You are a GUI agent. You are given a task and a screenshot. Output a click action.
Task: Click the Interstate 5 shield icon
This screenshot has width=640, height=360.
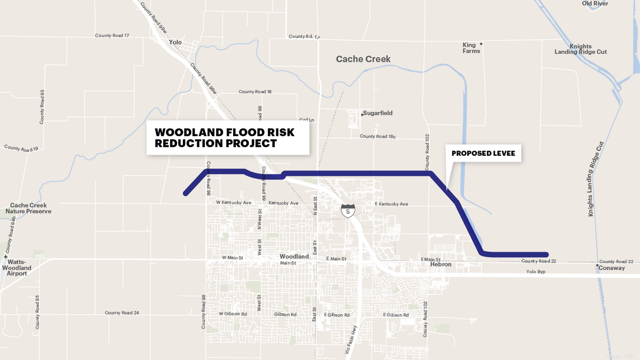348,210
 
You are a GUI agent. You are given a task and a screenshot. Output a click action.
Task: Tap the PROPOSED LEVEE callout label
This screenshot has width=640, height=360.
485,154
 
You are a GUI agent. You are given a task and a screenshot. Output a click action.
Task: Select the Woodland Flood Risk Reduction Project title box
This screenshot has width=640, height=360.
228,138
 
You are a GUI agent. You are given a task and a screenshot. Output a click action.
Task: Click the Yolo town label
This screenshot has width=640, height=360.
175,42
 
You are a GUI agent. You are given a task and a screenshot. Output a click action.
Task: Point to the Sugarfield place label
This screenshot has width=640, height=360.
378,113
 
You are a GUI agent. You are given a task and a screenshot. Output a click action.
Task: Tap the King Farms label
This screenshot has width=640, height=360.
471,48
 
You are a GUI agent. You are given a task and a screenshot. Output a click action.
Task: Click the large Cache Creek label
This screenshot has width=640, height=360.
363,59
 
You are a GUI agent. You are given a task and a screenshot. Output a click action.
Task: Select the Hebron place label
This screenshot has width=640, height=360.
441,265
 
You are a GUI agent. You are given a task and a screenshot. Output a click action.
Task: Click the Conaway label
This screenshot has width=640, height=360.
612,268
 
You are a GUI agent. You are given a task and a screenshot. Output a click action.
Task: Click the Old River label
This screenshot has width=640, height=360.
595,3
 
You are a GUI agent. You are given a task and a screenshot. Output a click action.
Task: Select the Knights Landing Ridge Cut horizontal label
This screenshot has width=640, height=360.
580,49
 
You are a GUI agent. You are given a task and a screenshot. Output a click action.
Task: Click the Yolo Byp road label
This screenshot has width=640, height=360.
537,271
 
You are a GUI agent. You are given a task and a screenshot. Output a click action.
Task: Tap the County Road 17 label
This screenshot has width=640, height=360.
112,36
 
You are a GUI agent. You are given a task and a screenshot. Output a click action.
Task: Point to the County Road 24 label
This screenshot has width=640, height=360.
122,313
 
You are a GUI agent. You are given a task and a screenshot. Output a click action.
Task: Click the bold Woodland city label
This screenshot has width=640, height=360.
294,257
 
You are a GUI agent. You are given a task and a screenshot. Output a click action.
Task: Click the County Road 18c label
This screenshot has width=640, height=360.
378,137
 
